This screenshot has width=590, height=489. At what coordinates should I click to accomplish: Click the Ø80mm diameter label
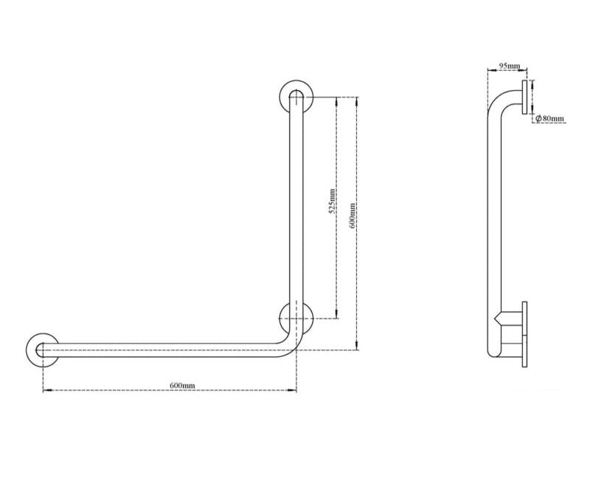pyautogui.click(x=550, y=118)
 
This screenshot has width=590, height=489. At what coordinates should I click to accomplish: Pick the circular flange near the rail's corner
pyautogui.click(x=296, y=318)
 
